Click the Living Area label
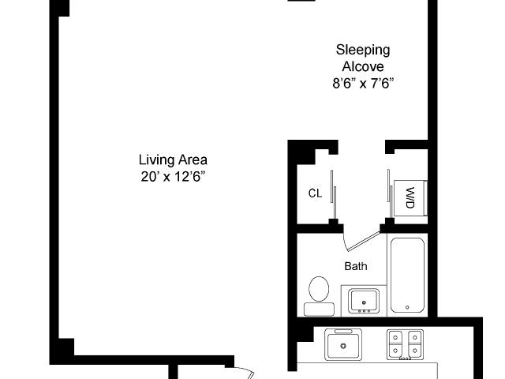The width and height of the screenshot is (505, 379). coord(173,159)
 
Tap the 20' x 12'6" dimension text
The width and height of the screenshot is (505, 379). coord(173,176)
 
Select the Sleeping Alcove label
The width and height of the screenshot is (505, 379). coord(363,58)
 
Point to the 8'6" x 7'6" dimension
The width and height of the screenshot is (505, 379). coord(363,84)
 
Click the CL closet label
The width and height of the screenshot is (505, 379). coord(315,193)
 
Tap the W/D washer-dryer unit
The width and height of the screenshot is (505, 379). coord(410,198)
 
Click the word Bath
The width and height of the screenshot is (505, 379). coord(356,266)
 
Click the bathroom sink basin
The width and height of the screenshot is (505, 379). coord(364,302)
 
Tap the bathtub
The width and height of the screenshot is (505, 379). coord(407,275)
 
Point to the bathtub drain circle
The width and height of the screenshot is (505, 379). coord(407,307)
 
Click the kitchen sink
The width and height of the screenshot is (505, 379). coord(343,344)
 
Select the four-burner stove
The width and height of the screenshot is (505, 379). coord(405,344)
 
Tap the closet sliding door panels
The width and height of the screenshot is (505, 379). coord(333,194)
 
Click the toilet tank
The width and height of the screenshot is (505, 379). coord(319,310)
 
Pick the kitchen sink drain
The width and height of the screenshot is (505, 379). coord(343,346)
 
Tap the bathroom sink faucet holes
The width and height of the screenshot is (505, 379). coord(364,311)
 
